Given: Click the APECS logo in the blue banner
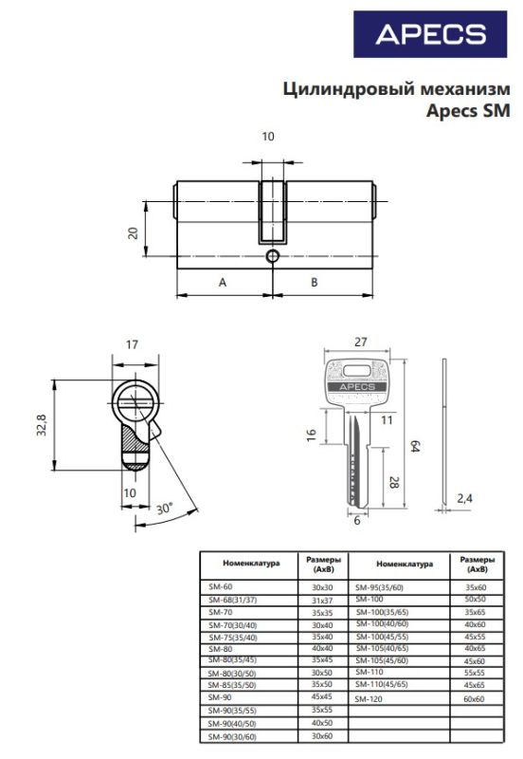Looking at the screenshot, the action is (431, 34).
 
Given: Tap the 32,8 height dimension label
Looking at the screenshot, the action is (42, 424).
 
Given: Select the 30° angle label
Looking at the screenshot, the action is (164, 509).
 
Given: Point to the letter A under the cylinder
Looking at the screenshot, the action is (223, 282).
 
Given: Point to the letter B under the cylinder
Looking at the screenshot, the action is (315, 282).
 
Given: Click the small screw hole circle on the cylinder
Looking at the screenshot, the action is (273, 255).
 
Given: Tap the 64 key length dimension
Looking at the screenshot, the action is (414, 446).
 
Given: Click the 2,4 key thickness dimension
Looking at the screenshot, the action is (464, 498).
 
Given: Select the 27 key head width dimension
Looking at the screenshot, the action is (361, 342).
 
